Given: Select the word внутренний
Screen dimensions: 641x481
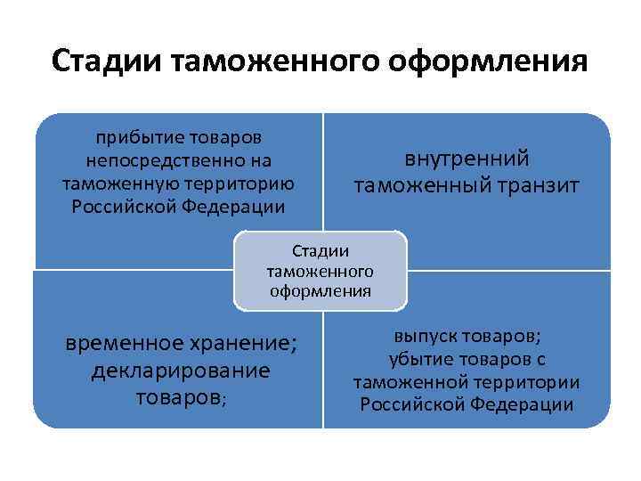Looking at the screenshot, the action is [467, 159].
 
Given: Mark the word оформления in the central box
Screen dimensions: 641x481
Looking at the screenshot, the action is [320, 290].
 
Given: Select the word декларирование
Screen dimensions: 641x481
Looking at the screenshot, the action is [181, 369].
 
